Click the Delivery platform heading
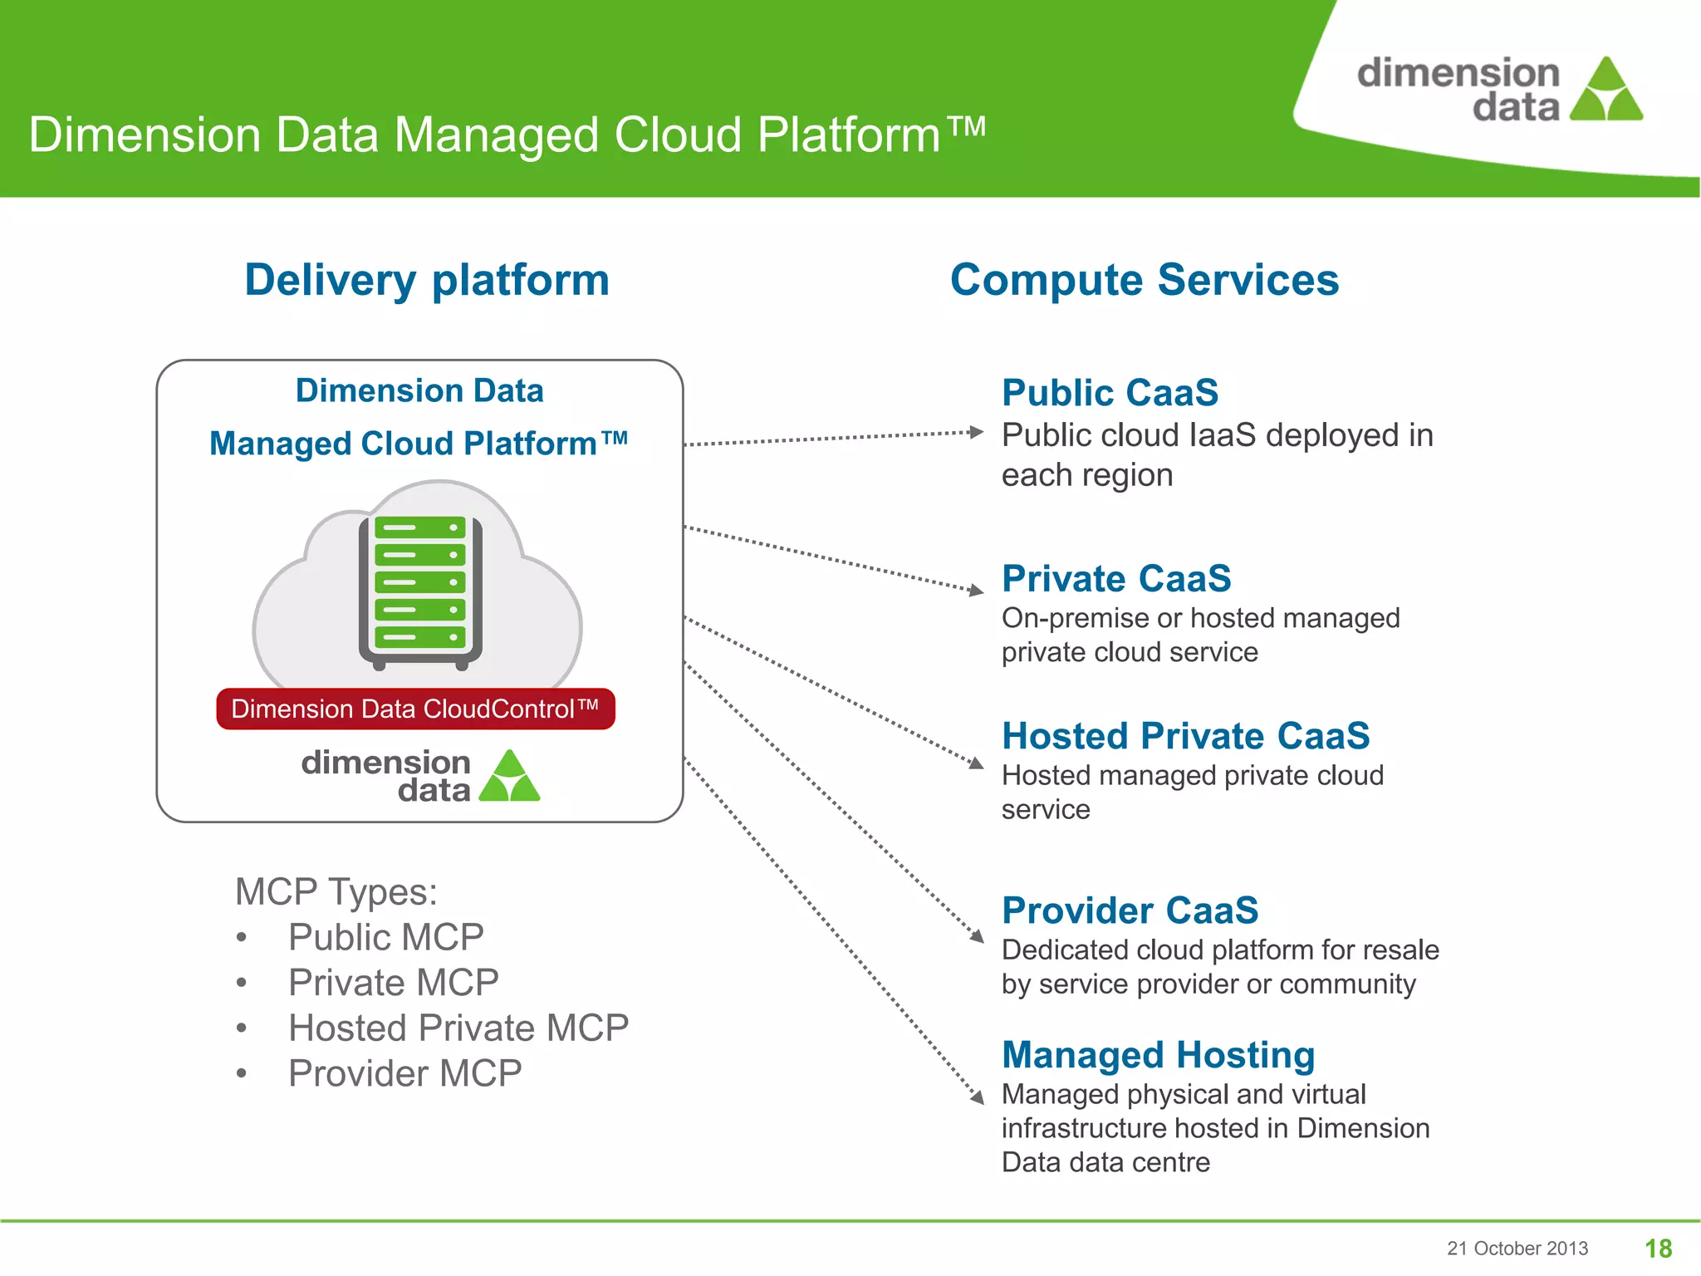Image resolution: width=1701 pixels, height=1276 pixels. [427, 280]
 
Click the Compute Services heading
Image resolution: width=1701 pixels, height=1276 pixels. [1144, 280]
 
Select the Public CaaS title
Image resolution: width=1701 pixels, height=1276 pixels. [1110, 393]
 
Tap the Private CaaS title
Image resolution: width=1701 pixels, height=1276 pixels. [1115, 579]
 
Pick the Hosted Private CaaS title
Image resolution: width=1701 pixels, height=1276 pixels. [1185, 736]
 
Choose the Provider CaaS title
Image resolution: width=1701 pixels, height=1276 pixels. [1130, 910]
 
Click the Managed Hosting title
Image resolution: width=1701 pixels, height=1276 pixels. [1158, 1055]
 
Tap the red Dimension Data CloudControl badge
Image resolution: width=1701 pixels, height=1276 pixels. [415, 709]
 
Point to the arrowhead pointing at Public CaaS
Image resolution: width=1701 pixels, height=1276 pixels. [977, 432]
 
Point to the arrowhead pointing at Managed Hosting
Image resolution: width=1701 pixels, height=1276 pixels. [978, 1097]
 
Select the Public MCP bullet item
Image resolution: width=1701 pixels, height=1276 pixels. [385, 937]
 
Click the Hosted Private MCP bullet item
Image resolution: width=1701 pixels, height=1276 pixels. [458, 1028]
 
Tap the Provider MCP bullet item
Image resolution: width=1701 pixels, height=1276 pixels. [404, 1073]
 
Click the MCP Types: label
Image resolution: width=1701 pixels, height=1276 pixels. [336, 892]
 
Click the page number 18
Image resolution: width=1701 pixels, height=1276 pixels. [1658, 1248]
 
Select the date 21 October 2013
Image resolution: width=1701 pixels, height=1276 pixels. [1517, 1248]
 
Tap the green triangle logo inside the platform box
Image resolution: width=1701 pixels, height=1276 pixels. [510, 777]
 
